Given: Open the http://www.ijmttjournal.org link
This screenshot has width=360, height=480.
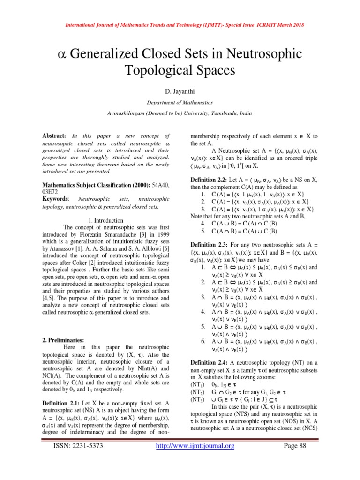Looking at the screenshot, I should pos(194,459).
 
